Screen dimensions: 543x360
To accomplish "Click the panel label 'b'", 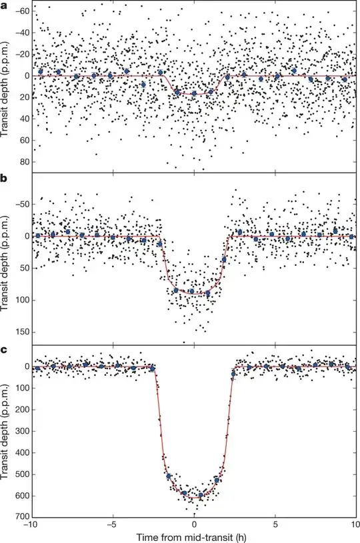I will click(x=5, y=179).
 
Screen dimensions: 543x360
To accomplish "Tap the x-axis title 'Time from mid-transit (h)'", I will click(x=194, y=536).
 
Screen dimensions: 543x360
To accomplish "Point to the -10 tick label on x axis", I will click(x=31, y=524).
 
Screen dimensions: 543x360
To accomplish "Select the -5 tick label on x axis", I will click(x=111, y=524).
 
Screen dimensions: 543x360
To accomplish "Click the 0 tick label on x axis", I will click(x=194, y=524).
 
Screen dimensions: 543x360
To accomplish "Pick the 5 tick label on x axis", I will click(x=275, y=524).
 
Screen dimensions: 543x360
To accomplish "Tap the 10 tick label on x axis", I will click(x=353, y=524).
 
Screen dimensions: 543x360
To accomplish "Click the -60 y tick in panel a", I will click(x=21, y=12).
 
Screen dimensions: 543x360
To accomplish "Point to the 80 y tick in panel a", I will click(x=23, y=162).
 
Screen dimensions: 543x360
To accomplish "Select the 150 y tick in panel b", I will click(x=21, y=332).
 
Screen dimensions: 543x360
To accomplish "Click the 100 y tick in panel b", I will click(x=21, y=300).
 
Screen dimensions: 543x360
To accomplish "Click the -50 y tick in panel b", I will click(x=21, y=204).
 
